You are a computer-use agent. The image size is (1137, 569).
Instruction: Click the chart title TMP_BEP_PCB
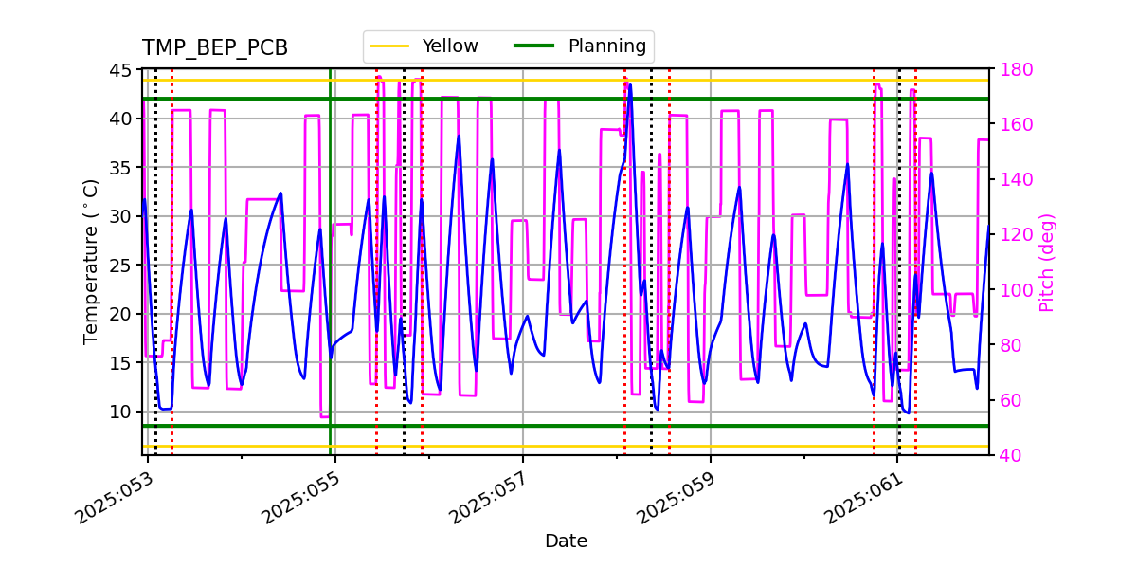tap(215, 48)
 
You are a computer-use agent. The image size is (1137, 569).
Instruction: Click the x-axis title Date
tap(566, 541)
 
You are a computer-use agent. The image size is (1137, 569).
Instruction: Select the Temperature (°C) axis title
tap(91, 262)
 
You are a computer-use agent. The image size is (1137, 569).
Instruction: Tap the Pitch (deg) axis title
tap(1047, 262)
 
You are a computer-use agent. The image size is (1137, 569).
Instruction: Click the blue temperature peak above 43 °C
tap(629, 85)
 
